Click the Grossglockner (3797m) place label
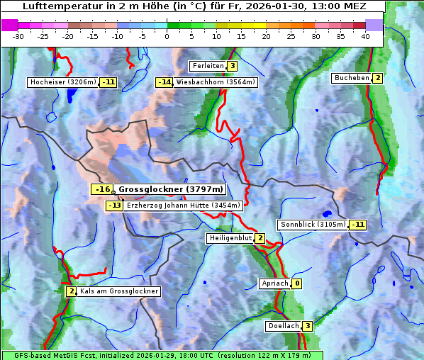[171, 189]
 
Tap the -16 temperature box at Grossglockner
[103, 189]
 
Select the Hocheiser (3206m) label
[63, 82]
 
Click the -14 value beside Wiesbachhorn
[164, 82]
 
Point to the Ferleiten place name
[208, 66]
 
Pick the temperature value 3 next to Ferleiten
[233, 66]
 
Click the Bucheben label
[352, 78]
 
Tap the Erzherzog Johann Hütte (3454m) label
[184, 206]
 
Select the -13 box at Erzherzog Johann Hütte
[114, 206]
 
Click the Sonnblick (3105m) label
[313, 225]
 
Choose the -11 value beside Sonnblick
[358, 225]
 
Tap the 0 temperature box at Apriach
[296, 283]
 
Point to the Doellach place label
[283, 326]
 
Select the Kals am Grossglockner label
[118, 291]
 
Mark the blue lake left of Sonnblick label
[327, 213]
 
